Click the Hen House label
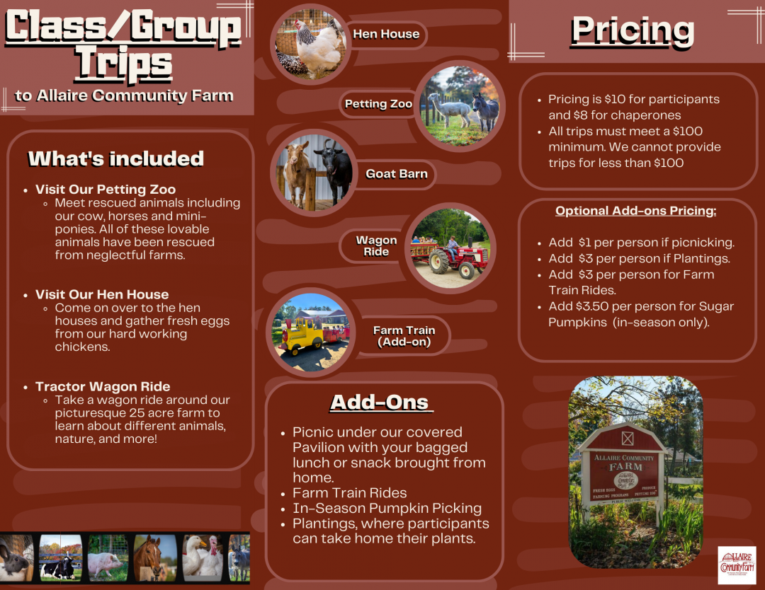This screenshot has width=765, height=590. tap(386, 34)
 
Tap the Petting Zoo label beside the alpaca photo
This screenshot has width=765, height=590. tap(378, 104)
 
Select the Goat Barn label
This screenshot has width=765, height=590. tap(396, 174)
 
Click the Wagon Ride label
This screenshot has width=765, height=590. tap(376, 246)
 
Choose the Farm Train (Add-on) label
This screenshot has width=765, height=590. tap(404, 336)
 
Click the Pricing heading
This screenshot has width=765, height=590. tap(633, 30)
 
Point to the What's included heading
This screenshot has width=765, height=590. tap(116, 158)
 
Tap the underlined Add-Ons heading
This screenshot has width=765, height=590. tap(380, 402)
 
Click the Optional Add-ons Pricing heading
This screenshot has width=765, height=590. tap(635, 211)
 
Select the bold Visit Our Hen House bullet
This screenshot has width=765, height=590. tap(102, 294)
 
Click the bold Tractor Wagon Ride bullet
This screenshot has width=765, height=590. tap(103, 386)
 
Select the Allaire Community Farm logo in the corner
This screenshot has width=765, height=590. tap(737, 565)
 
